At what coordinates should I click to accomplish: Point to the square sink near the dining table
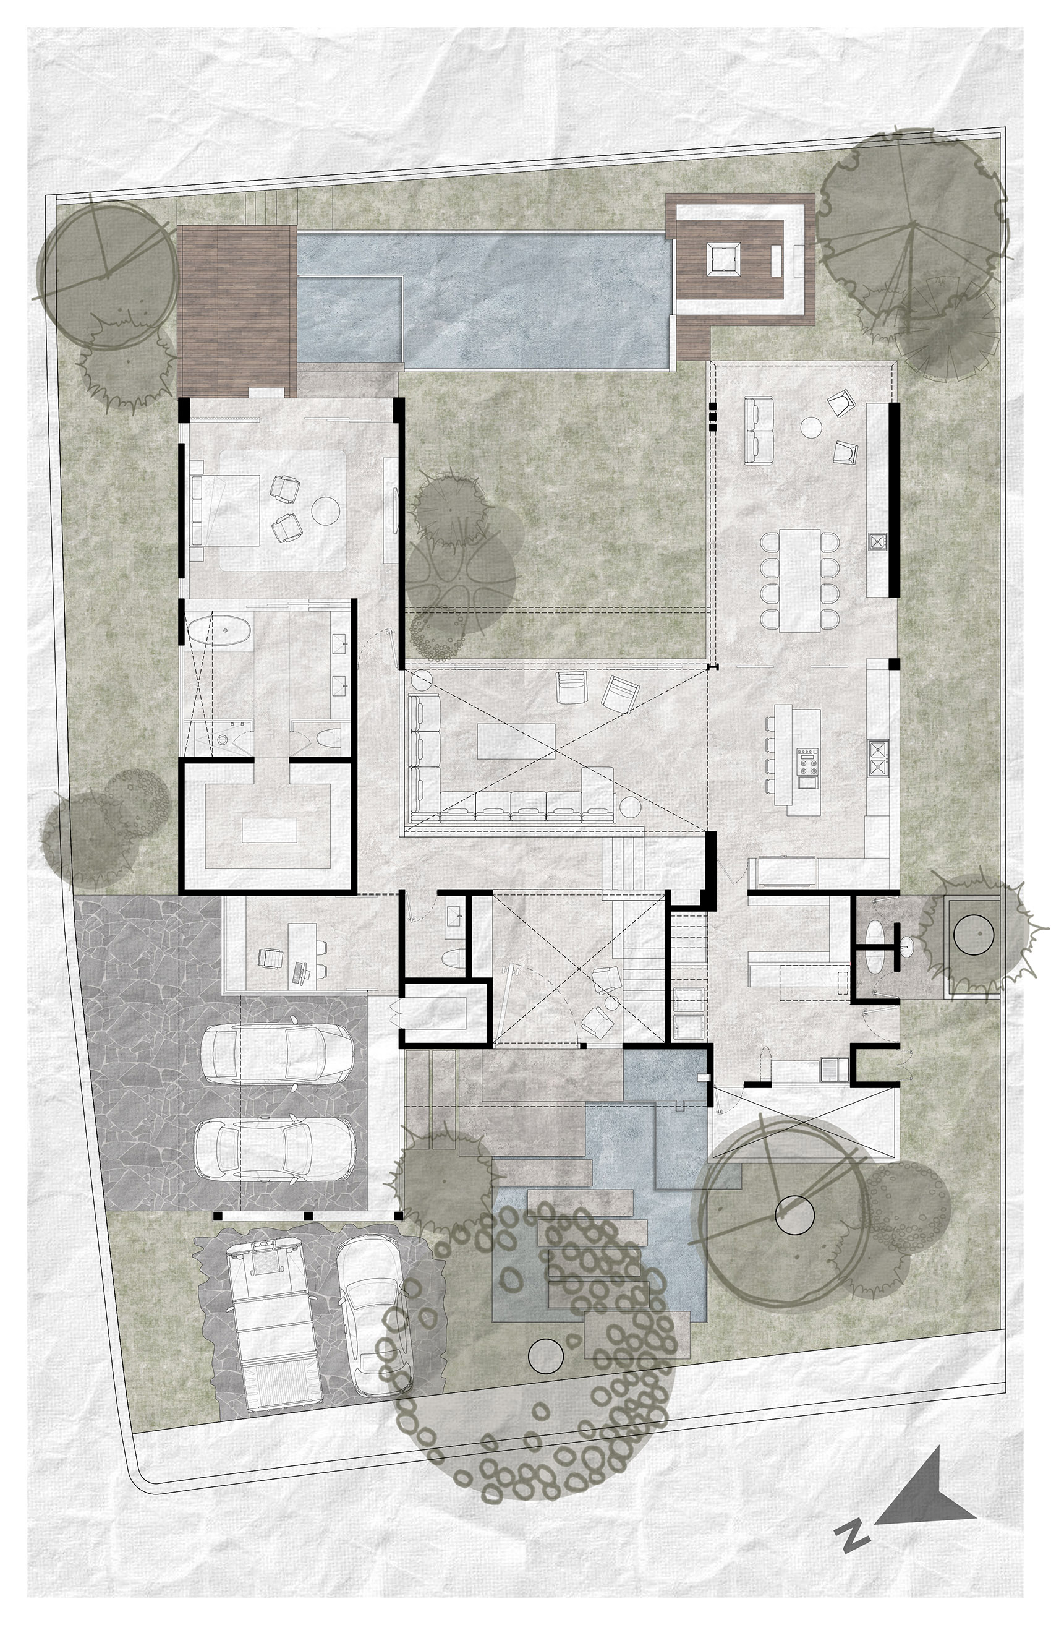click(x=876, y=541)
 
